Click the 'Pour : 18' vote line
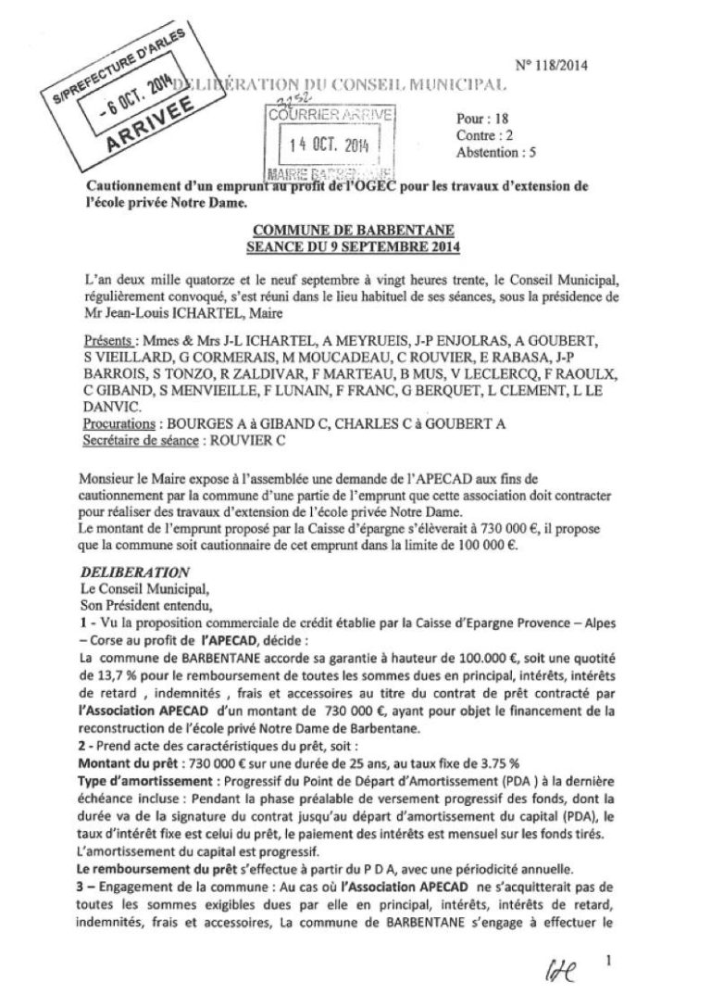coord(535,120)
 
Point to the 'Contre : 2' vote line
coord(538,135)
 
